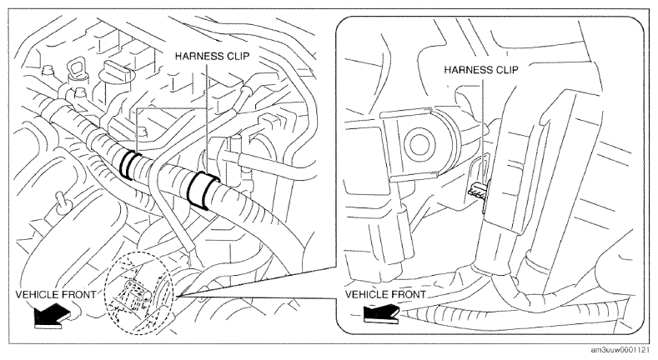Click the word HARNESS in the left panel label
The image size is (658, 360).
click(196, 56)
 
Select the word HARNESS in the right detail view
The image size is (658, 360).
click(465, 69)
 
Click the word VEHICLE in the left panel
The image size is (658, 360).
click(37, 295)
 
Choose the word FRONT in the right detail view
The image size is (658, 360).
click(409, 295)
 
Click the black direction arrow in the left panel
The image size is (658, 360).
click(52, 315)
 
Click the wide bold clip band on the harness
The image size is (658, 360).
click(202, 190)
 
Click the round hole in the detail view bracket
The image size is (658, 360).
click(419, 145)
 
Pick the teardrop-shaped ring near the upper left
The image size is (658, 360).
click(78, 68)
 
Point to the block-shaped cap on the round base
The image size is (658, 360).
click(114, 68)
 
